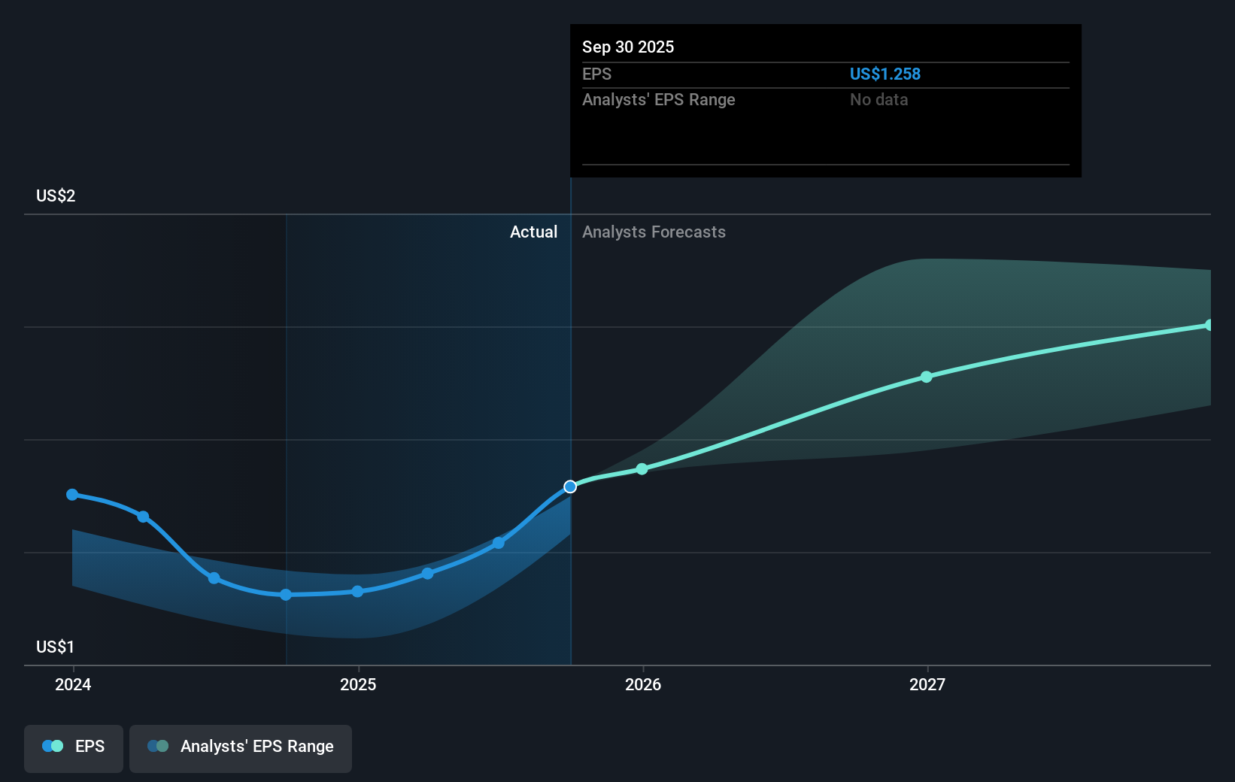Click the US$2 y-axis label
coord(56,196)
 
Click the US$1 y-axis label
coord(56,647)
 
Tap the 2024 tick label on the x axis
coord(73,684)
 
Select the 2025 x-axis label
coord(358,684)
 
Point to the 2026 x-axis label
coord(643,684)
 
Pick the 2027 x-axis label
coord(927,684)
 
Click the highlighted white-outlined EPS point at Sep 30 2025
coord(570,486)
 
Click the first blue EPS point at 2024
coord(72,495)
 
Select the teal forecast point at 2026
coord(642,469)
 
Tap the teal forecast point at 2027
coord(927,377)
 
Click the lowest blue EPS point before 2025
coord(286,595)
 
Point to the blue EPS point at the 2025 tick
coord(357,592)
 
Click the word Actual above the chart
coord(533,232)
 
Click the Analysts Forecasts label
coord(654,232)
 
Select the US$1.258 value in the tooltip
coord(885,74)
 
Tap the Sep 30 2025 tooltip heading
coord(628,47)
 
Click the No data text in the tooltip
coord(878,100)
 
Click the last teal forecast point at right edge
coord(1209,326)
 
